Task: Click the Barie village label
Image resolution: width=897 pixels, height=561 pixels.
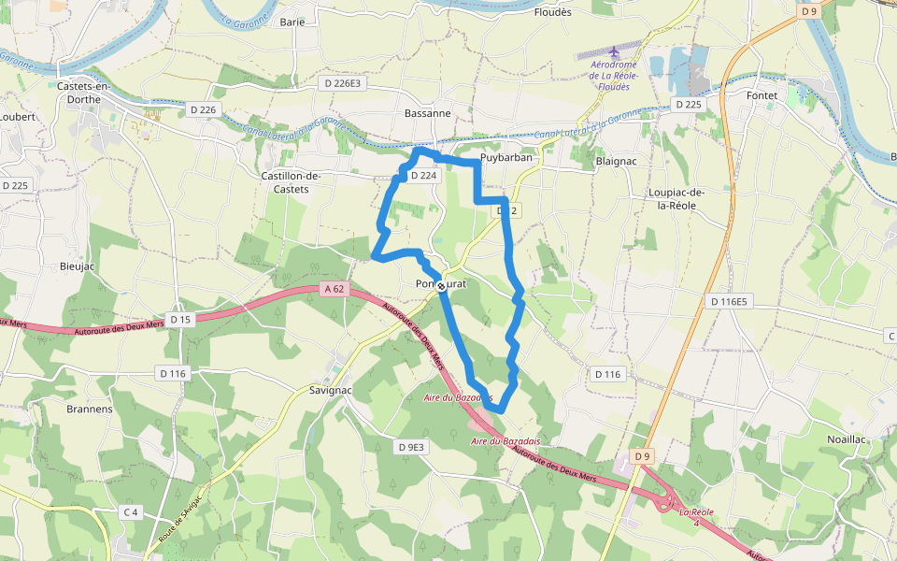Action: coord(292,22)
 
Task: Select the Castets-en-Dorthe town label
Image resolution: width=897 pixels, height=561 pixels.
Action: coord(83,93)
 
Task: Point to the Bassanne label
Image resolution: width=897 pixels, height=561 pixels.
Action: coord(428,113)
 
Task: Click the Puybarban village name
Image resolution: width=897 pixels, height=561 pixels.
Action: coord(505,157)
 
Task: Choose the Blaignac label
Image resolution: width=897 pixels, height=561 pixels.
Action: coord(616,161)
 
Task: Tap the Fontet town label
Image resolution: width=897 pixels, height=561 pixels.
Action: coord(762,95)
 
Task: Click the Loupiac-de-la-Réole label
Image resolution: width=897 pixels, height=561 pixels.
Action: coord(676,199)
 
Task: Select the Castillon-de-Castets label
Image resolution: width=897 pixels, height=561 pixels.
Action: coord(292,181)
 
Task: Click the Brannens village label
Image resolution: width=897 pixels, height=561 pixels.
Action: coord(90,409)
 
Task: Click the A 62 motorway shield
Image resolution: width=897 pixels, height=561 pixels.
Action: coord(335,289)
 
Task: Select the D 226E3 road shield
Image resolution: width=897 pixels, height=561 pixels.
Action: coord(343,83)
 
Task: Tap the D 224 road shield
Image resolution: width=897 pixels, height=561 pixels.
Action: coord(423,176)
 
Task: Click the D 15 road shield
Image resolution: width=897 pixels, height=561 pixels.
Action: coord(180,320)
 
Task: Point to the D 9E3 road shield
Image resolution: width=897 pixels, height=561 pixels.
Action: coord(410,447)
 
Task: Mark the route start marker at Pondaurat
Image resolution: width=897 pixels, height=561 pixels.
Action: coord(441,286)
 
